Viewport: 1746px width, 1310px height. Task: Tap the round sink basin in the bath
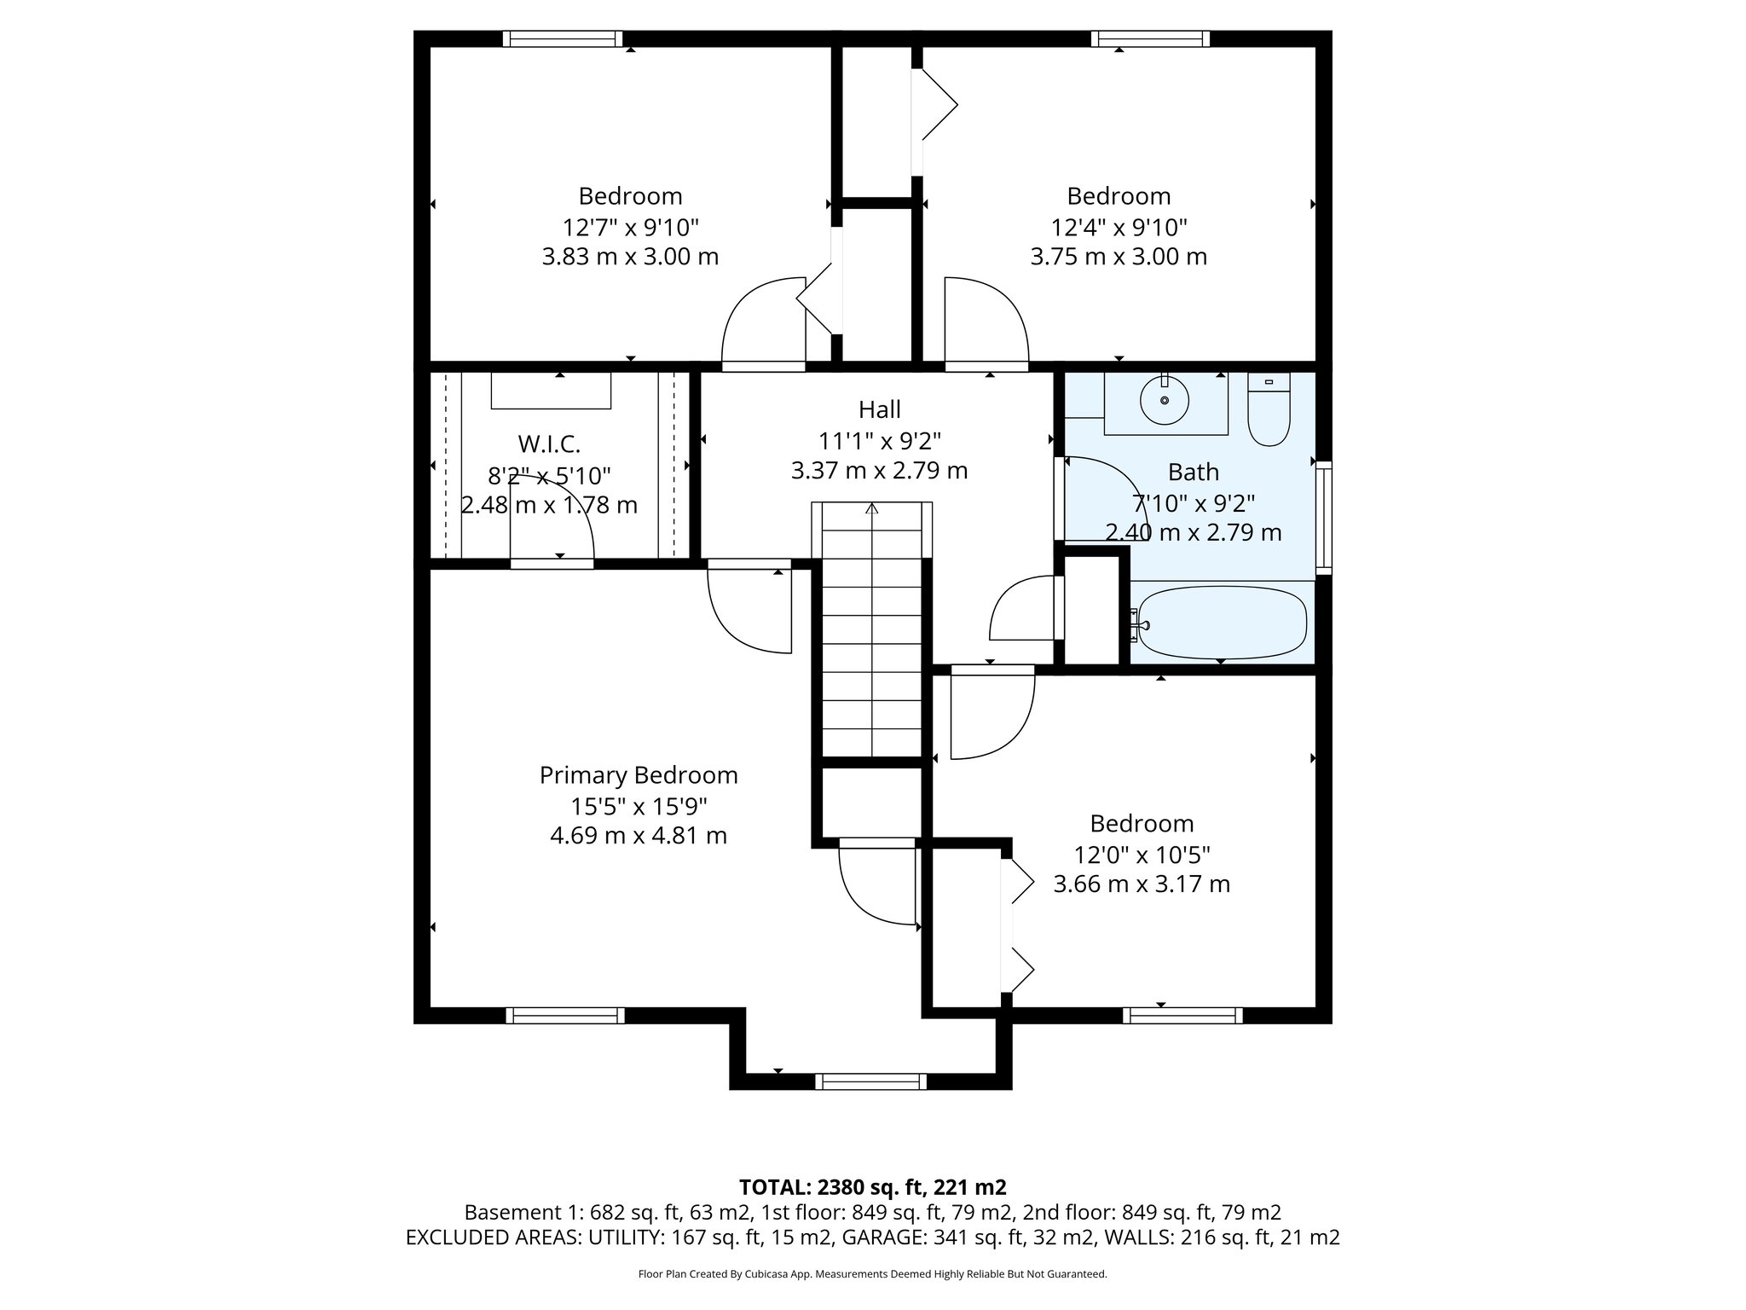coord(1165,401)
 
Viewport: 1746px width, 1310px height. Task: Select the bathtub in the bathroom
coord(1223,623)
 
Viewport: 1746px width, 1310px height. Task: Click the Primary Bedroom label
coord(639,775)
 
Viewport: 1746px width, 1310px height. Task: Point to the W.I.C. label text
coord(549,444)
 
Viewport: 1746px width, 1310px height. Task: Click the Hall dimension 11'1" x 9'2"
coord(880,441)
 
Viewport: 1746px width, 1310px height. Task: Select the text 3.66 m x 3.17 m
coord(1142,884)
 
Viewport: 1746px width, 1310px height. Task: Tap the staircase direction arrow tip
coord(871,508)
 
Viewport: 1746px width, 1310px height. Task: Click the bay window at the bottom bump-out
coord(870,1081)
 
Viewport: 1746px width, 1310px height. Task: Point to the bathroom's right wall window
coord(1323,517)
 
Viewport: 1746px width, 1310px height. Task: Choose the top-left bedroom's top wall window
coord(562,38)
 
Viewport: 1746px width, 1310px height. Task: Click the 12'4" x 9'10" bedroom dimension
coord(1119,228)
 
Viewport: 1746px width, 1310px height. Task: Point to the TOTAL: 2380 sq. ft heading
coord(872,1186)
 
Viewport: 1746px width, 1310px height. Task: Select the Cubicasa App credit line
coord(872,1274)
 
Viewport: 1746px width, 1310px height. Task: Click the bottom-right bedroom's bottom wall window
coord(1182,1015)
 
